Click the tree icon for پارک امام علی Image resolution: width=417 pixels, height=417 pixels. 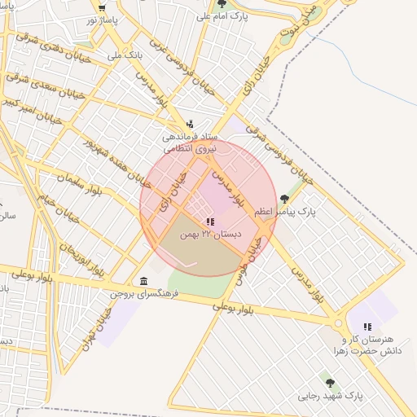[222, 4]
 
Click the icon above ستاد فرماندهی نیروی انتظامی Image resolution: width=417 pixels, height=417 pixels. [190, 125]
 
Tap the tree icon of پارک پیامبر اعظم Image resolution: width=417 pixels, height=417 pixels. [284, 198]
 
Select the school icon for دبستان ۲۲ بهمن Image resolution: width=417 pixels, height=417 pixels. [210, 222]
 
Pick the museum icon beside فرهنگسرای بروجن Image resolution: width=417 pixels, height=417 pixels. [144, 280]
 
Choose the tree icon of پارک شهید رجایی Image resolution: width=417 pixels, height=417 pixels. [330, 383]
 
